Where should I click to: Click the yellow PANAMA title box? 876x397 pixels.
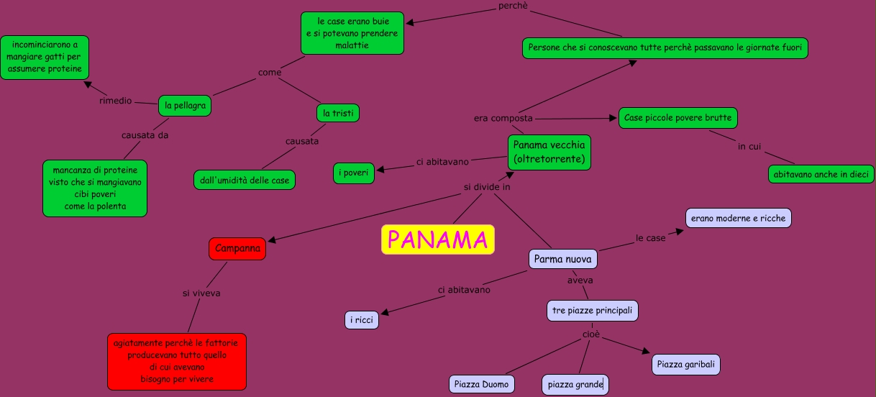(x=438, y=239)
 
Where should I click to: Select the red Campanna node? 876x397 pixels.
(x=237, y=249)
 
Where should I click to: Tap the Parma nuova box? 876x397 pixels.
(x=563, y=259)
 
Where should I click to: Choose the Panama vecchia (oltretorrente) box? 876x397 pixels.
(x=549, y=152)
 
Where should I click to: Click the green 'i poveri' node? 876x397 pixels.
(x=354, y=173)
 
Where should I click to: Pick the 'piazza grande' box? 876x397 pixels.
(x=575, y=385)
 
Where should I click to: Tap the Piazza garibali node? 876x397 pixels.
(x=686, y=365)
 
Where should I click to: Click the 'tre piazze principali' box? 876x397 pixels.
(x=592, y=311)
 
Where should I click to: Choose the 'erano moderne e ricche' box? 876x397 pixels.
(x=738, y=218)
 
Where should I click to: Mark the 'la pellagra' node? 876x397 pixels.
(x=185, y=106)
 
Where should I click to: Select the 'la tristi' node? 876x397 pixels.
(x=337, y=113)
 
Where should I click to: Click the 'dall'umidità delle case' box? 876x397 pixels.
(x=245, y=180)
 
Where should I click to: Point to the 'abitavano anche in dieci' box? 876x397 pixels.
(x=821, y=174)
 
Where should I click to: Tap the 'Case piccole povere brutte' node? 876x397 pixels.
(x=677, y=118)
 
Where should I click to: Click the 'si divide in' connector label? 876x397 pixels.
(x=486, y=188)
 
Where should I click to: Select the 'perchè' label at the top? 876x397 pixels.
(x=513, y=6)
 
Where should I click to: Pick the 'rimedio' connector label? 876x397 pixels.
(x=116, y=101)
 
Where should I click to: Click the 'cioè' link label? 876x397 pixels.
(x=590, y=334)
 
